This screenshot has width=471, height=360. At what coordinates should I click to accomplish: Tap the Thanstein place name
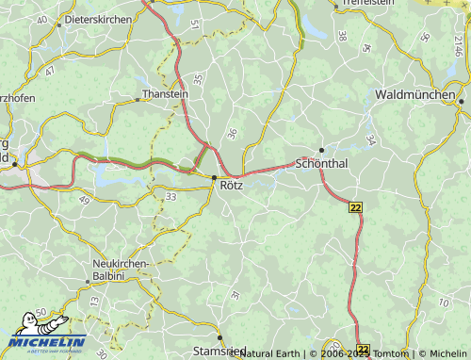point(166,93)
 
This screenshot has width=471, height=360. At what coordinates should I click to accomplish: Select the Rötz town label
point(232,186)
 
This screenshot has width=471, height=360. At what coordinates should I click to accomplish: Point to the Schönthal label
point(322,163)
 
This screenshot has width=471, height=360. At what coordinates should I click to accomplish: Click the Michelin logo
point(47,342)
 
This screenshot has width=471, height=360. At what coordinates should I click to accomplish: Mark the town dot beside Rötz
point(215,176)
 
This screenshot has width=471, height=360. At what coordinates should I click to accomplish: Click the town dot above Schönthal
point(321,150)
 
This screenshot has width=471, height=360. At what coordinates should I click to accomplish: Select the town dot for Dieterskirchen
point(58,24)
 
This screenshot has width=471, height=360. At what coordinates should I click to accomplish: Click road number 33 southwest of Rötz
point(171,196)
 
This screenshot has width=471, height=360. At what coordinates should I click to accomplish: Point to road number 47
point(49,71)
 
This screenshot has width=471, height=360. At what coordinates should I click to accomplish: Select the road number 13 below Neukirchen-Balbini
point(93,301)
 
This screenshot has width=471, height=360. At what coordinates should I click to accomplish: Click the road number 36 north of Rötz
point(232,136)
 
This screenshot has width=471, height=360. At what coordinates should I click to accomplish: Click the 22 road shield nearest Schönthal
point(354,207)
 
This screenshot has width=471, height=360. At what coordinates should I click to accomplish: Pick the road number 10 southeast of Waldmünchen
point(444,303)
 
